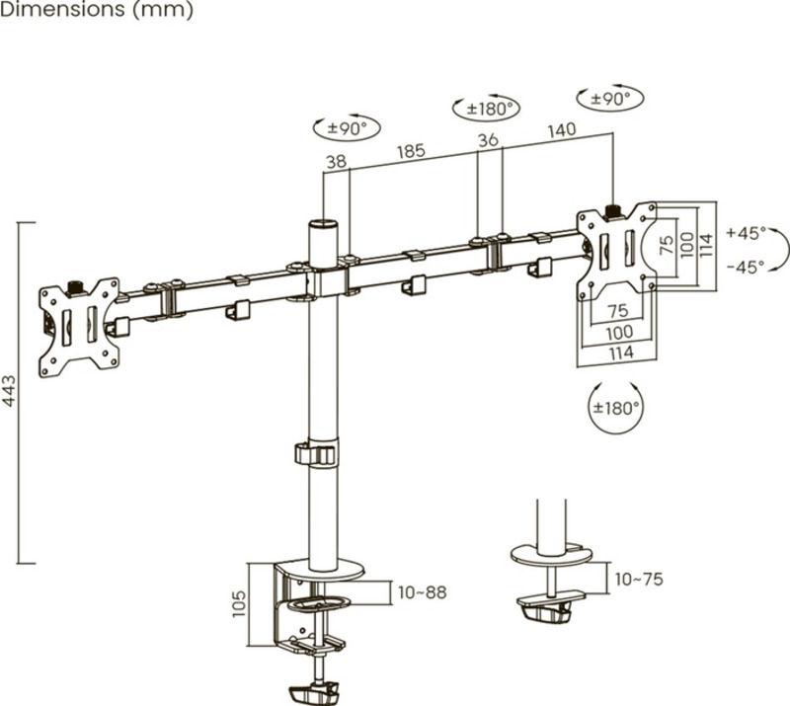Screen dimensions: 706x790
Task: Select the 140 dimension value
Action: coord(560,128)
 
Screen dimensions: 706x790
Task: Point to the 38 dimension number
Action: coord(336,163)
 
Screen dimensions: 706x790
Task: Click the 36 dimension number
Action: coord(488,141)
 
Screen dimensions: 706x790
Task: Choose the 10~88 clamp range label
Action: coord(421,592)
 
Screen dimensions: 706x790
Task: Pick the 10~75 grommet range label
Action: coord(639,580)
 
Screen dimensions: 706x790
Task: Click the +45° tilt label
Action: coord(745,234)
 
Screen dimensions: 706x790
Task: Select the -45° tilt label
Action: coord(745,267)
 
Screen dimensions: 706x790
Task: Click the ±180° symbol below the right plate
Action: coord(616,406)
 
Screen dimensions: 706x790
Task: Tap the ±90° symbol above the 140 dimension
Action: coord(609,99)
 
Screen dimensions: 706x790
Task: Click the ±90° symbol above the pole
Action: coord(346,127)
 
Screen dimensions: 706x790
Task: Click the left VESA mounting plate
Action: coord(78,326)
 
